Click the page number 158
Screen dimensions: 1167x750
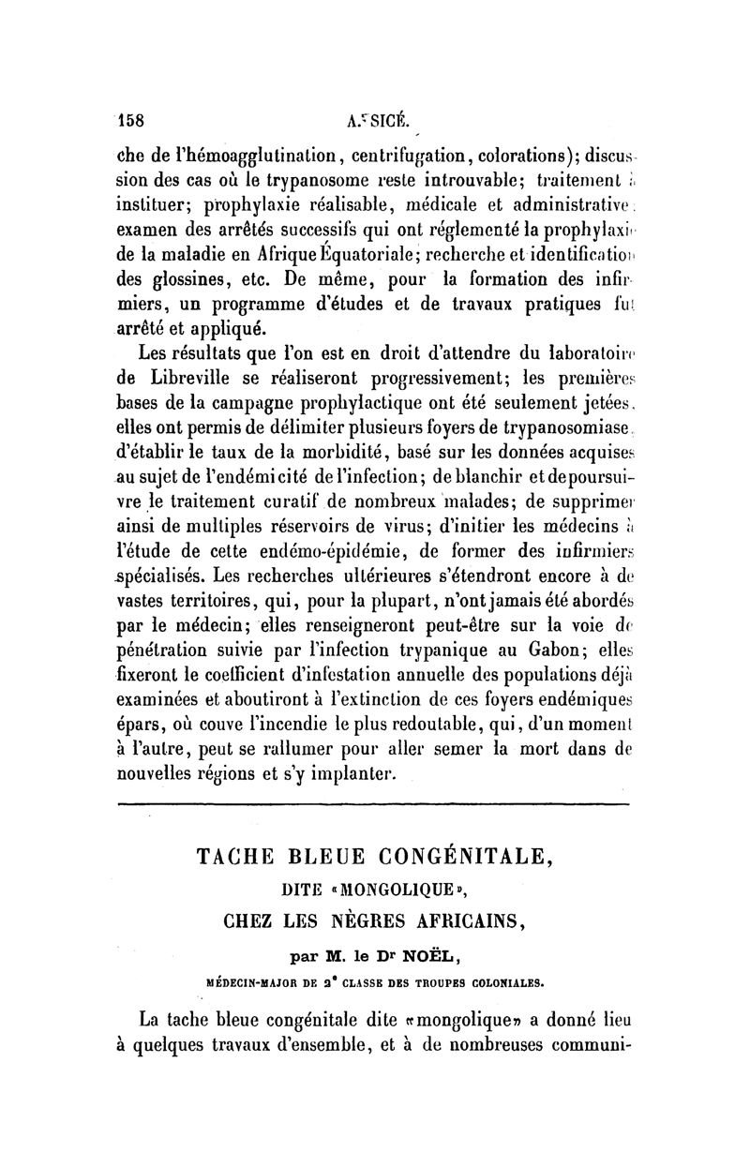click(x=134, y=119)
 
